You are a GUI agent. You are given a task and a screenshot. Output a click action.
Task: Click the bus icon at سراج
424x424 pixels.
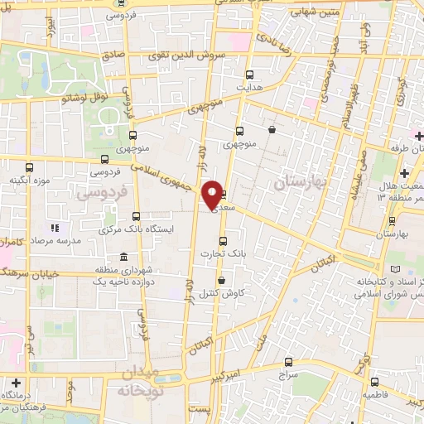tap(288, 362)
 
